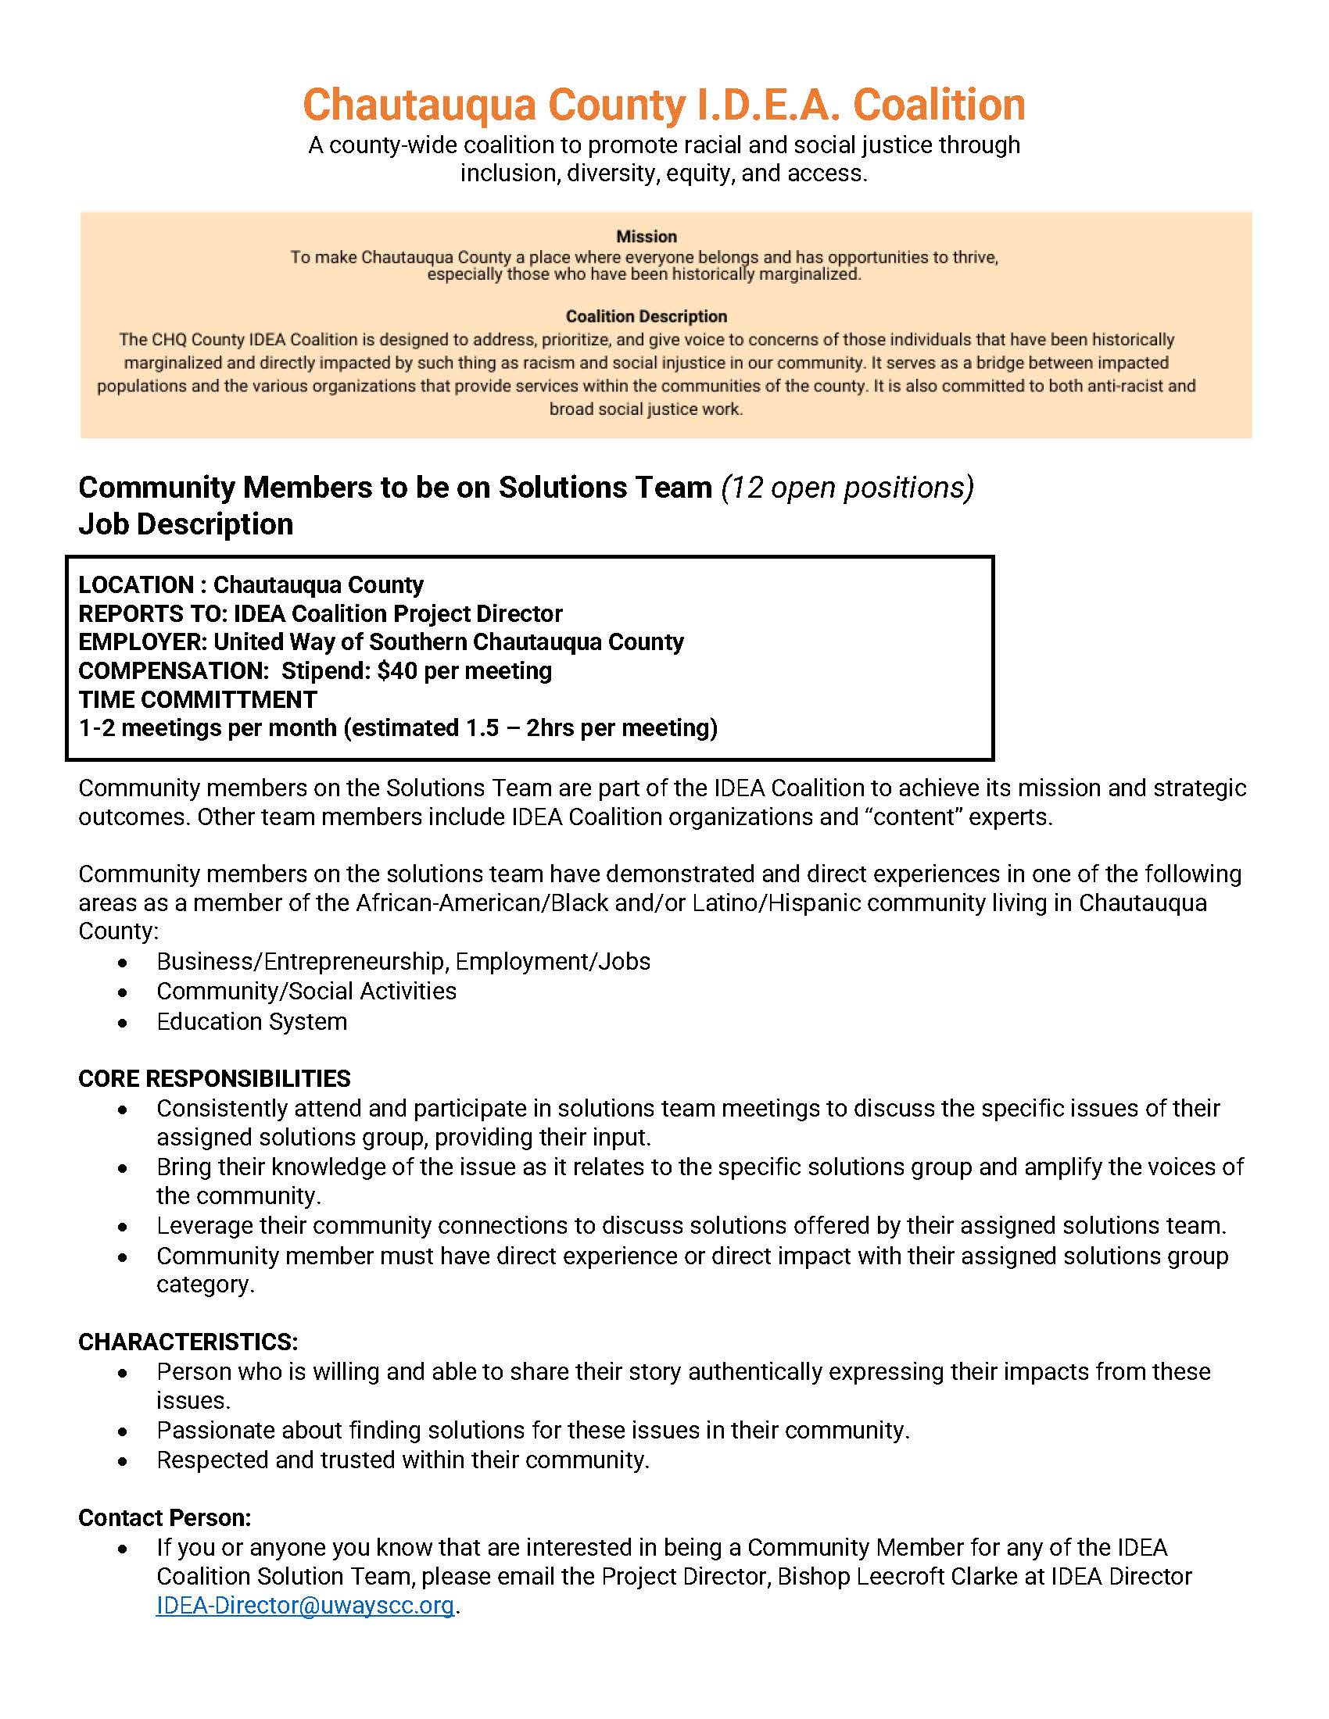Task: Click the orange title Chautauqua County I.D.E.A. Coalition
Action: (664, 105)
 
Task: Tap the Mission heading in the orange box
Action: (647, 236)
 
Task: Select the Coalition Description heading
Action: (647, 316)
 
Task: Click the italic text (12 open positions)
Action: (847, 488)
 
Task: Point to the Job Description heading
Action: (186, 524)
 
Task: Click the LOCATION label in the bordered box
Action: (135, 584)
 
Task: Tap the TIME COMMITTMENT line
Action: (198, 699)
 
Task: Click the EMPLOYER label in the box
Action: (141, 642)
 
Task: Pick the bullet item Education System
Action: (252, 1022)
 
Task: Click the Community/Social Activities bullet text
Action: (306, 991)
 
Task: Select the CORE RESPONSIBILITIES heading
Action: (214, 1078)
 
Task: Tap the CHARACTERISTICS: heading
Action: (188, 1342)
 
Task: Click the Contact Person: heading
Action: (164, 1517)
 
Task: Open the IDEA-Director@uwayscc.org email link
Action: (306, 1605)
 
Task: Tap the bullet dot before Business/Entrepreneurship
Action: (123, 963)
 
